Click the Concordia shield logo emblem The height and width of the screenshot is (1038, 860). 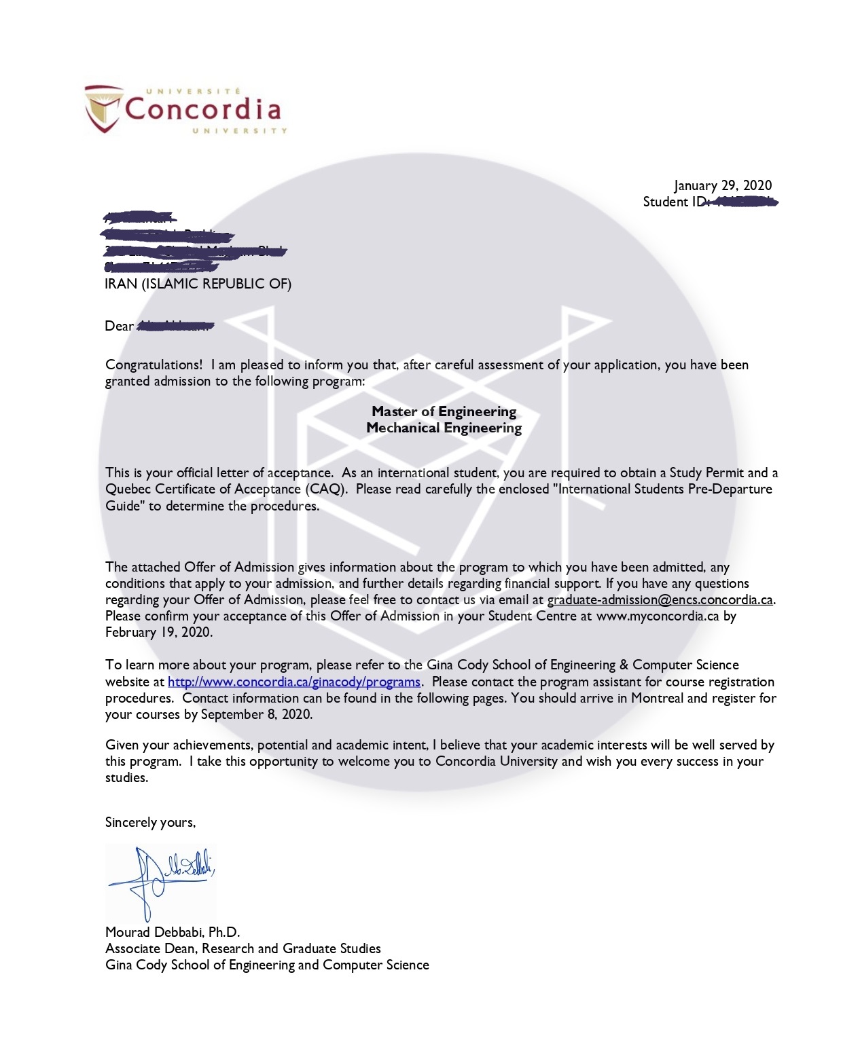(x=104, y=108)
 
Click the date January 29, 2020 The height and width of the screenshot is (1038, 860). (x=723, y=185)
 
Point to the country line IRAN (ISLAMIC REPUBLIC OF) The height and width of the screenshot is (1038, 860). (x=198, y=284)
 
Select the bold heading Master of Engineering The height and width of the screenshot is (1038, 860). (x=444, y=411)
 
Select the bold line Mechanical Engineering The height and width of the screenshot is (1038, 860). (x=444, y=428)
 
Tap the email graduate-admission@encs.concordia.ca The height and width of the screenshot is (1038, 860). (x=660, y=599)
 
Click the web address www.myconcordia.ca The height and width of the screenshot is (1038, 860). (x=657, y=616)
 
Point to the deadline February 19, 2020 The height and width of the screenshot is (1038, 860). (x=158, y=632)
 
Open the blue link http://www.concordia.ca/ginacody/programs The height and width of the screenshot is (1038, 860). (x=294, y=682)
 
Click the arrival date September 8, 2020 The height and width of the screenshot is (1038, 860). (x=256, y=714)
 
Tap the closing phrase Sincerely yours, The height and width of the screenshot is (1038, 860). (x=150, y=822)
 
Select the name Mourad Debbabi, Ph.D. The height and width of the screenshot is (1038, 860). (x=173, y=932)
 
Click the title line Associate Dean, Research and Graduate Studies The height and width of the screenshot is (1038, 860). (x=243, y=948)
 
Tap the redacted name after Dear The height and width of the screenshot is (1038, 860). (x=175, y=326)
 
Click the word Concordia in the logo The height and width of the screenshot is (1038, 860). (x=202, y=109)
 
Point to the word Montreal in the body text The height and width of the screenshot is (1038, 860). (x=657, y=698)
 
